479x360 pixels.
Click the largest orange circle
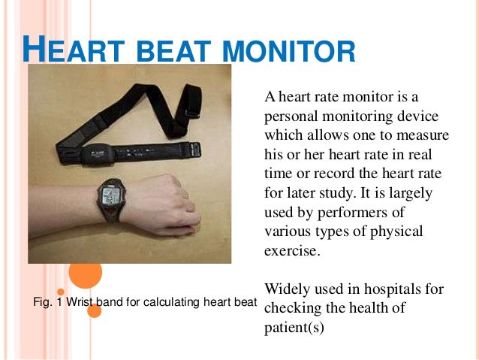pyautogui.click(x=85, y=273)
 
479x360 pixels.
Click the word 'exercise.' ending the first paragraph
pyautogui.click(x=292, y=251)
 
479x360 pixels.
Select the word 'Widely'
pyautogui.click(x=285, y=289)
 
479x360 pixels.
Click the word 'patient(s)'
pyautogui.click(x=294, y=328)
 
